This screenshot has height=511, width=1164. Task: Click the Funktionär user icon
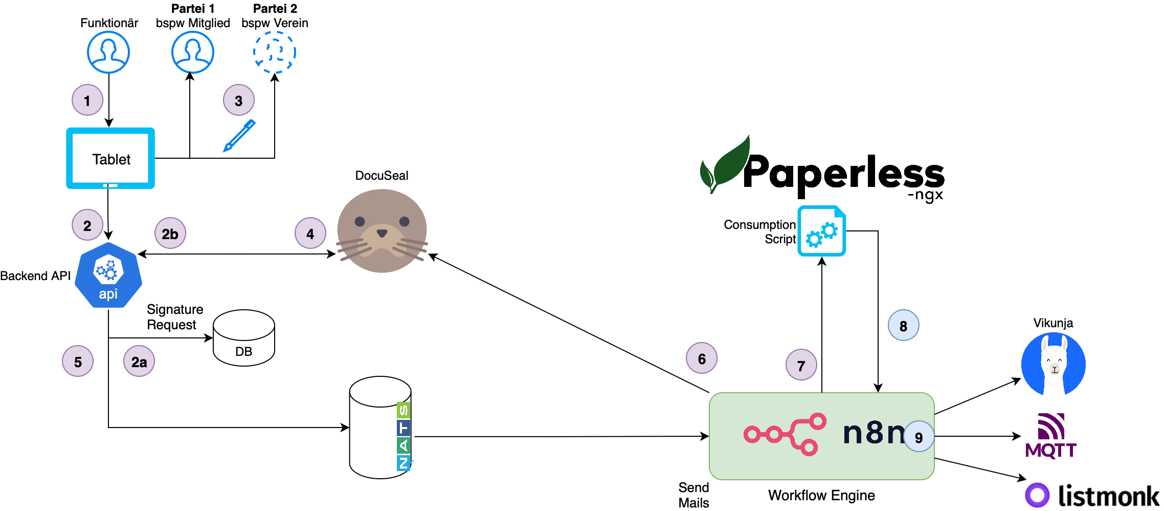[x=108, y=52]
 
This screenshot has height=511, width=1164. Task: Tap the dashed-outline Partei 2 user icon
[x=275, y=52]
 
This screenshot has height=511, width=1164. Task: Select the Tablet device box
[x=110, y=158]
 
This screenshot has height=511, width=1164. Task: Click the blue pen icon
[x=239, y=136]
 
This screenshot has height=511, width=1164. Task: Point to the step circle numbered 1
[x=87, y=100]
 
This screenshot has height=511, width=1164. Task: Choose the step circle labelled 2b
[x=170, y=233]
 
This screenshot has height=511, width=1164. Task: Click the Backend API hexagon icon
[x=108, y=275]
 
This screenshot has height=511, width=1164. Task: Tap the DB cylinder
[x=244, y=338]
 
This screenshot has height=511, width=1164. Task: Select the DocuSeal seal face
[x=382, y=231]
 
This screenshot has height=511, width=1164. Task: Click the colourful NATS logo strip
[x=404, y=437]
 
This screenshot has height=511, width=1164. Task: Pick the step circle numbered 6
[x=702, y=358]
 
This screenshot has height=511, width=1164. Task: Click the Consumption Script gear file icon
[x=822, y=231]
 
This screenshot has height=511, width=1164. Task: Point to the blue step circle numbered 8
[x=904, y=326]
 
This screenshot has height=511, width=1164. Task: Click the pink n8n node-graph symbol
[x=785, y=434]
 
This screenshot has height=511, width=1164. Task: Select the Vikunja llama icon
[x=1054, y=364]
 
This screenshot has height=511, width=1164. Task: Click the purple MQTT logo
[x=1051, y=436]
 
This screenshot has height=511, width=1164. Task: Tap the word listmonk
[x=1108, y=496]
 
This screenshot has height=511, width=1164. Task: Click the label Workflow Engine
[x=821, y=496]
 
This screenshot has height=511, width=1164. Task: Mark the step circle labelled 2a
[x=139, y=361]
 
